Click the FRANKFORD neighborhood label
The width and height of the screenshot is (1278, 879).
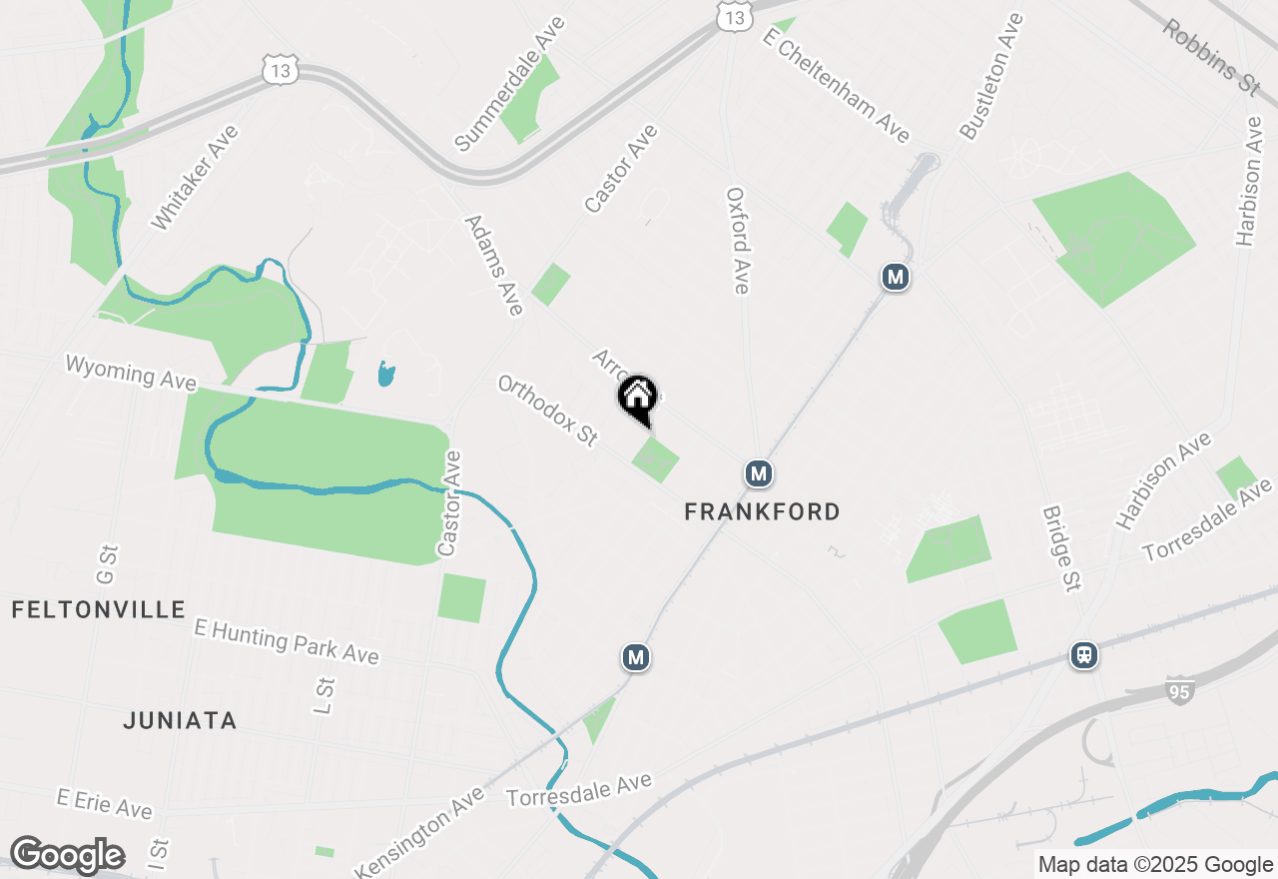coord(762,512)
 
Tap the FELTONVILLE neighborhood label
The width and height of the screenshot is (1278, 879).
coord(99,609)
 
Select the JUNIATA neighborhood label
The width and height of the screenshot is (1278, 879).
coord(180,720)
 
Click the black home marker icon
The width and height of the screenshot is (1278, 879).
coord(637,399)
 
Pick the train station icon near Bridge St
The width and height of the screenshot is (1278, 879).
coord(1083,655)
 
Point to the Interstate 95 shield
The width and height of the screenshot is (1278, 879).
coord(1179,689)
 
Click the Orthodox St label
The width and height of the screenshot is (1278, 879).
coord(547,410)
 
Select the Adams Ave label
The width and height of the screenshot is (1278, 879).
coord(494,265)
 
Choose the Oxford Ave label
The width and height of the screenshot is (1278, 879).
coord(737,241)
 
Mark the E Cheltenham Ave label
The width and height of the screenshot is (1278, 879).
coord(836,85)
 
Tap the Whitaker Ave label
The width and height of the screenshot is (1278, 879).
coord(195,178)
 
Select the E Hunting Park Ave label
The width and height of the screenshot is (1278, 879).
coord(287,641)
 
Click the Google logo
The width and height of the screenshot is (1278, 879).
coord(67,856)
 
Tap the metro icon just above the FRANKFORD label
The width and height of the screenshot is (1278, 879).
coord(759,473)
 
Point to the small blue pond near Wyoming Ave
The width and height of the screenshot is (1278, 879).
coord(385,375)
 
